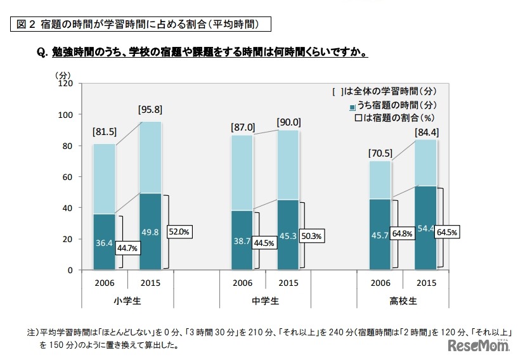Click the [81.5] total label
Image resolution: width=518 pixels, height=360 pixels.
pyautogui.click(x=104, y=132)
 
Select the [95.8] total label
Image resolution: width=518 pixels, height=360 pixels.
pyautogui.click(x=150, y=110)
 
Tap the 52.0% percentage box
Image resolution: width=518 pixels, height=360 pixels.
pyautogui.click(x=179, y=232)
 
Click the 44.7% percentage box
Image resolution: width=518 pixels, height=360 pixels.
pyautogui.click(x=127, y=247)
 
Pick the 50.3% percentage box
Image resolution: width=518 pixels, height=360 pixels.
pyautogui.click(x=311, y=236)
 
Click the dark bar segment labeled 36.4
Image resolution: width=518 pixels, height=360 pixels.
pyautogui.click(x=104, y=242)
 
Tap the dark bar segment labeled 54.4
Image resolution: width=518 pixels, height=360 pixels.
pyautogui.click(x=425, y=228)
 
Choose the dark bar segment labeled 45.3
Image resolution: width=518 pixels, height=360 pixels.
pyautogui.click(x=288, y=235)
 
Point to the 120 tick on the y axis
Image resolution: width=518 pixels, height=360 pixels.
pyautogui.click(x=66, y=84)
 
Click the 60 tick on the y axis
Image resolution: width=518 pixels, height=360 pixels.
pyautogui.click(x=68, y=177)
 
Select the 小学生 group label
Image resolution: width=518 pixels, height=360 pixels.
pyautogui.click(x=127, y=301)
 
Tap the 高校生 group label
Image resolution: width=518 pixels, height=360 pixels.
pyautogui.click(x=403, y=301)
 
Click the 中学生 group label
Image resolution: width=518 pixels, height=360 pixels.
pyautogui.click(x=265, y=301)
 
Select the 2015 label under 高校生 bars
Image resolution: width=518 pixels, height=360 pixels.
pyautogui.click(x=425, y=282)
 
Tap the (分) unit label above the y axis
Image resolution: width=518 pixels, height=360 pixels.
pyautogui.click(x=67, y=74)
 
